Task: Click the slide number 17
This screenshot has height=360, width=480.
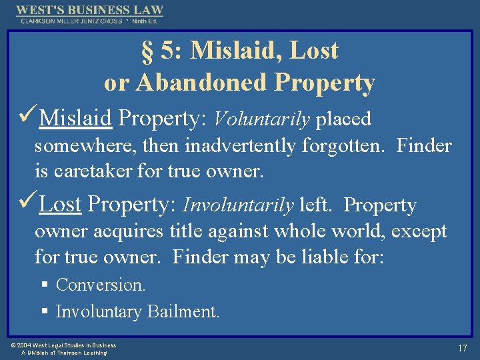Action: click(x=462, y=348)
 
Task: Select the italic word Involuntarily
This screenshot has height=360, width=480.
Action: click(x=238, y=205)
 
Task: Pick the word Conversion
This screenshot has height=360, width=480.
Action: click(x=101, y=285)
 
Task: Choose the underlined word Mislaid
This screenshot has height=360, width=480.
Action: click(x=75, y=119)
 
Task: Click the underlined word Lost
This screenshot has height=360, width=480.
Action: click(x=60, y=205)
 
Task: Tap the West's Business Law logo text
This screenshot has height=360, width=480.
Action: click(x=89, y=10)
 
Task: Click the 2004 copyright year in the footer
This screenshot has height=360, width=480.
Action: click(x=25, y=345)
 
